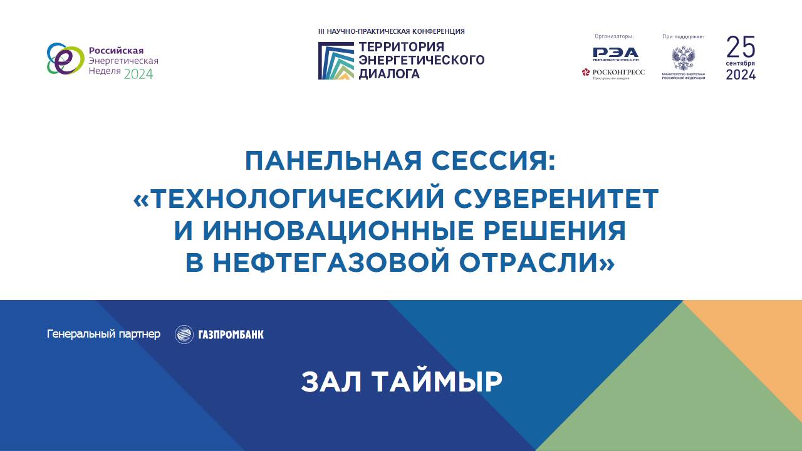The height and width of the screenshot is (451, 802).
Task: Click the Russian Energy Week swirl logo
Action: click(65, 59)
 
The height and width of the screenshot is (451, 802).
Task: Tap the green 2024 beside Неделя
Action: click(138, 74)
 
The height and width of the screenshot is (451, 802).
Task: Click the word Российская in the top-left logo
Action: click(117, 50)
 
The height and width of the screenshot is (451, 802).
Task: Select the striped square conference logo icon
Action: click(336, 61)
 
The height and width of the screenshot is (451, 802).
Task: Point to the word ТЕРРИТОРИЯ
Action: click(401, 48)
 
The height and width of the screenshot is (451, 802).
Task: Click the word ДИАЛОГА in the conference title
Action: click(389, 73)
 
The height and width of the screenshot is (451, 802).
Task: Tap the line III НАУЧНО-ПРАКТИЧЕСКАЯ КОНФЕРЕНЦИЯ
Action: click(392, 31)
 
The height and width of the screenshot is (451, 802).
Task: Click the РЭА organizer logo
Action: click(615, 53)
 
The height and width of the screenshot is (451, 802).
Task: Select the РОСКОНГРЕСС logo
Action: click(613, 73)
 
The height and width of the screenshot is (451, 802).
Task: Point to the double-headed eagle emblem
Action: click(682, 59)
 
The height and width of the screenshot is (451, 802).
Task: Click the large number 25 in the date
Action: click(741, 47)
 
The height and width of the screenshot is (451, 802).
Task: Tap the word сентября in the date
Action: click(741, 64)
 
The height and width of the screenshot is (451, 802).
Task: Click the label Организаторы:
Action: click(614, 36)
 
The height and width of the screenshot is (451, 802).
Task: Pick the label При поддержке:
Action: click(683, 36)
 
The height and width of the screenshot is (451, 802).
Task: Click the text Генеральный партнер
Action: click(103, 334)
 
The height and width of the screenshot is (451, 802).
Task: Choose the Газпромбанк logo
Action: click(219, 334)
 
